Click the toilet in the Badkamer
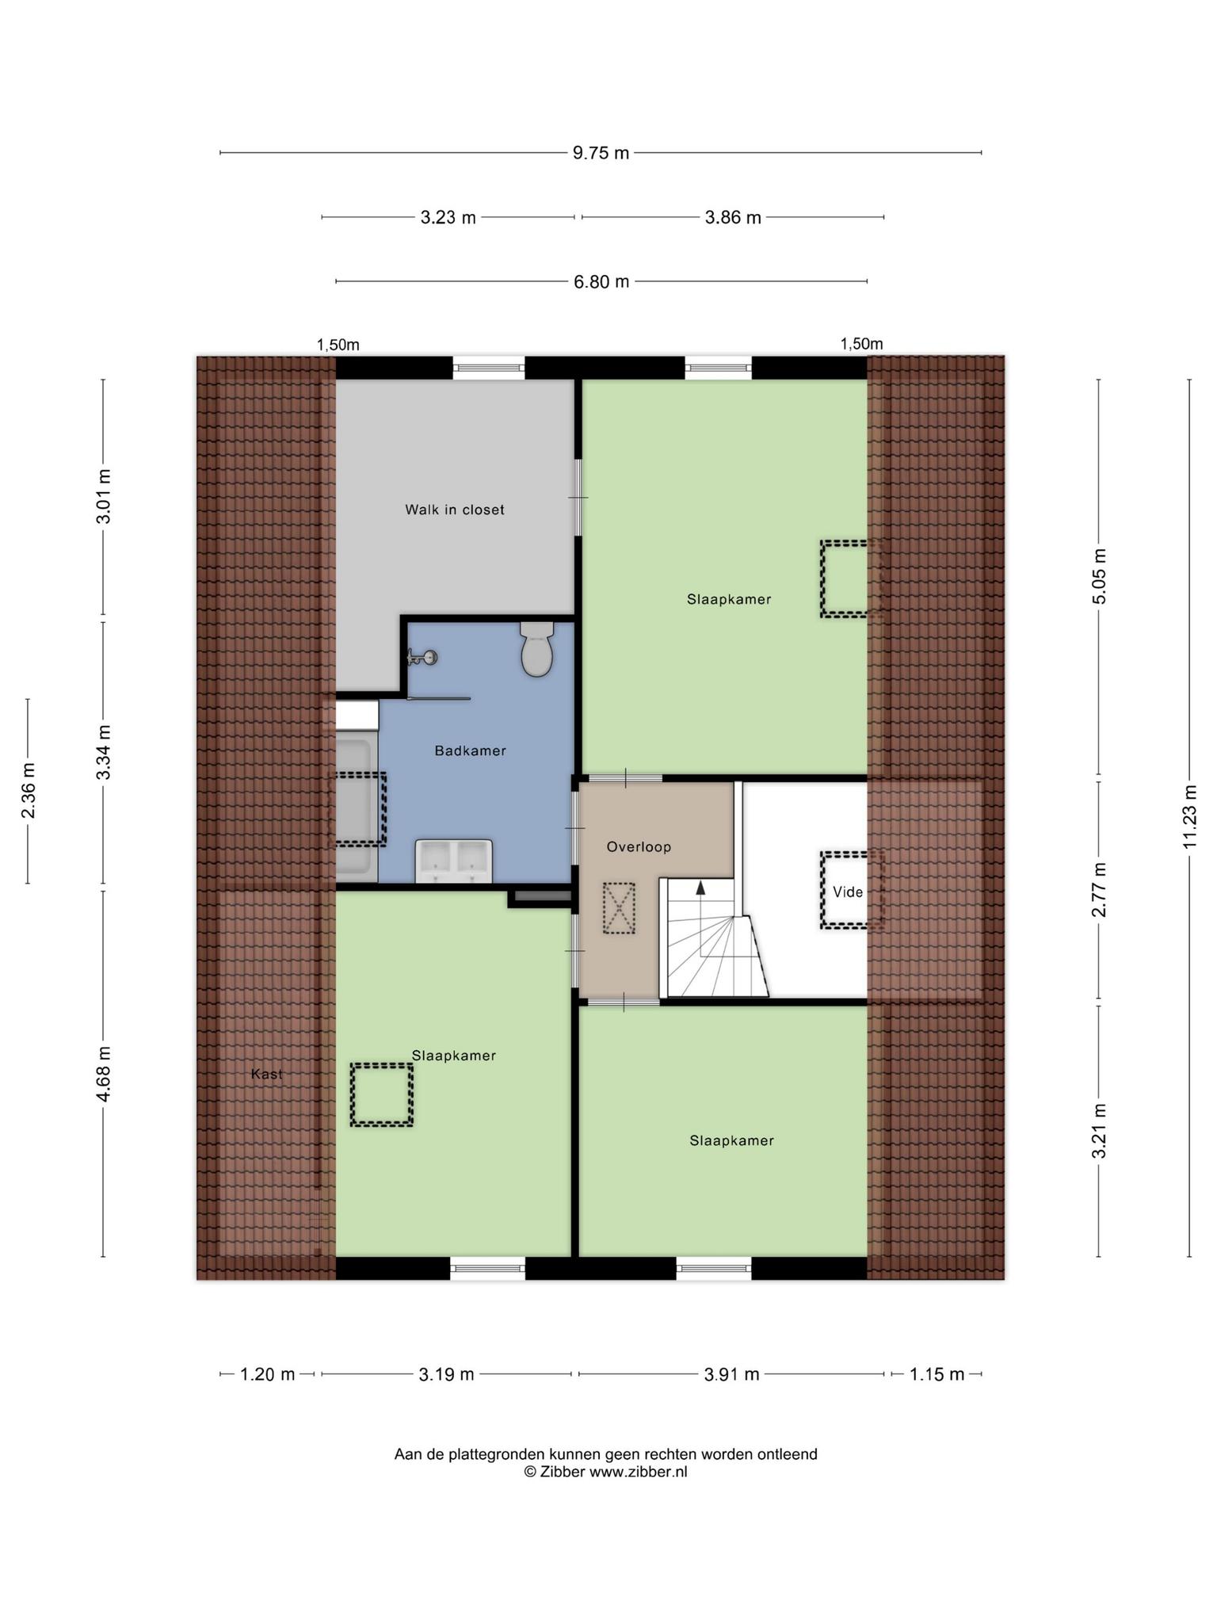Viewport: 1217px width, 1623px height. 536,648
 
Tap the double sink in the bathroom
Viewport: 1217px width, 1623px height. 454,861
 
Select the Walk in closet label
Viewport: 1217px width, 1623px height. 455,510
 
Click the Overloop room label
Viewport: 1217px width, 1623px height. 639,846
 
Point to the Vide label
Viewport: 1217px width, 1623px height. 847,892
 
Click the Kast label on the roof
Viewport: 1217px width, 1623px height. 266,1074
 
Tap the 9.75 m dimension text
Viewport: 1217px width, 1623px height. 601,153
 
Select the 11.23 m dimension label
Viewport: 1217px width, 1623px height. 1189,817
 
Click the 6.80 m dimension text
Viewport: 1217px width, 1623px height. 601,281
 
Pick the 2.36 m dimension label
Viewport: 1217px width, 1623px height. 29,791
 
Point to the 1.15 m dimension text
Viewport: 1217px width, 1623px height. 937,1374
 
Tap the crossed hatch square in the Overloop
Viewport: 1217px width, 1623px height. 619,909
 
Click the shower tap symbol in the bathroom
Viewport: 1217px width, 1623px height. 422,657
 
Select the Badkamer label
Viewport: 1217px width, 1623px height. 470,750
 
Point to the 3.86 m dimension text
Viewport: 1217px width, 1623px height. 733,217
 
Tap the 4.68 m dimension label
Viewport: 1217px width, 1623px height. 104,1074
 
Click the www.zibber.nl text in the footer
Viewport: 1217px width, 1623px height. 638,1472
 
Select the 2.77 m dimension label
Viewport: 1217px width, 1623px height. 1099,890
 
